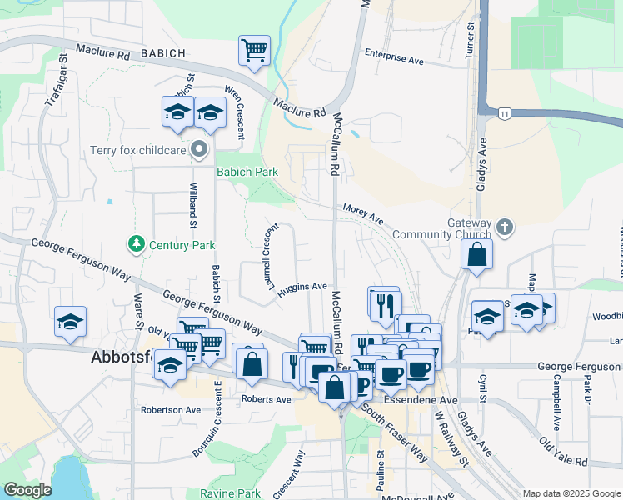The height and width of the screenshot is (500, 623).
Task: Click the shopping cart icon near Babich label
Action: coord(254,49)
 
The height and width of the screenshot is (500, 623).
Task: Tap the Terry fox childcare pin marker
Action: coord(199,151)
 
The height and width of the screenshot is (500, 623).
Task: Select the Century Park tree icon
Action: coord(136,244)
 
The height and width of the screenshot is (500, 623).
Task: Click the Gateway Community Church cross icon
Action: coord(505,227)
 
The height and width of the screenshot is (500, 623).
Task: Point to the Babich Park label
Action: coord(247,172)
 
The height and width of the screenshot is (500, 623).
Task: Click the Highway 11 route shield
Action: coord(505,112)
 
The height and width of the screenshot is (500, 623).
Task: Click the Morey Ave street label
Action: coord(362,215)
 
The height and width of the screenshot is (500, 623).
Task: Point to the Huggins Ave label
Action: coord(302,287)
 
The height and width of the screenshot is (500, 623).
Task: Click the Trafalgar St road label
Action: coord(55,87)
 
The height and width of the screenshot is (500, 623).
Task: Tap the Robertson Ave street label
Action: coord(171,410)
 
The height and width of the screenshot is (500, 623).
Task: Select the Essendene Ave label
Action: coord(436,400)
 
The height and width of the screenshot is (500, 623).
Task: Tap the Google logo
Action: coord(27,490)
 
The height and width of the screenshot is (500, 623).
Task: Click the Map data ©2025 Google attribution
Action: coord(571,493)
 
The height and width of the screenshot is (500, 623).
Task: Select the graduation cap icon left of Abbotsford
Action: coord(70,322)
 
